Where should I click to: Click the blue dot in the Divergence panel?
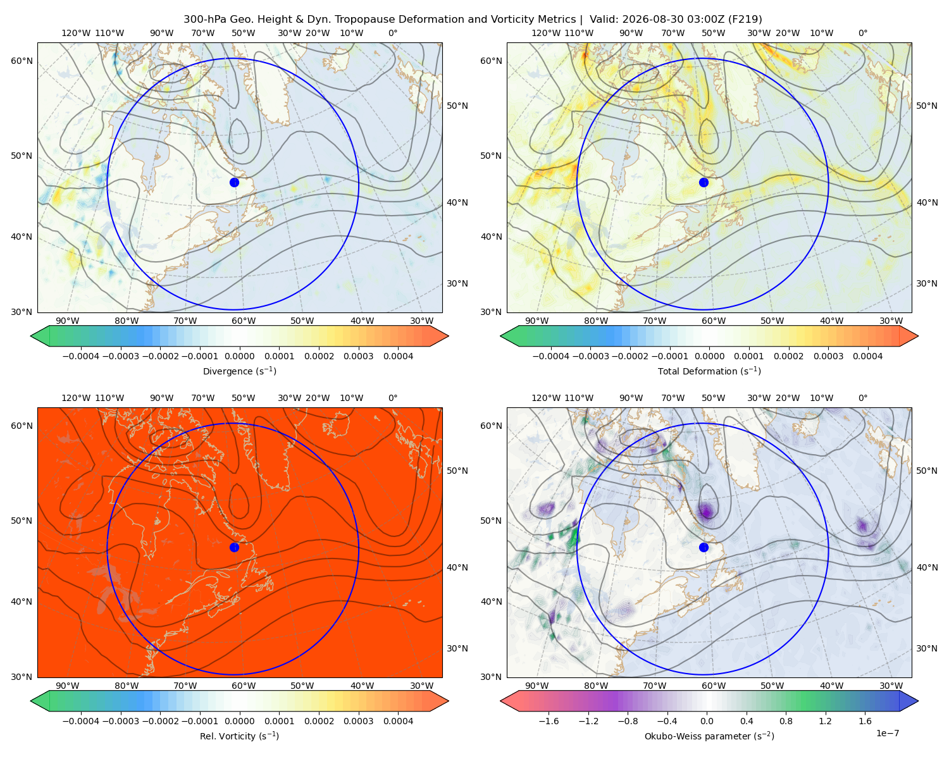click(x=234, y=182)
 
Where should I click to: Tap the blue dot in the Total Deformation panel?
click(x=704, y=182)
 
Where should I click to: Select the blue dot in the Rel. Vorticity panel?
click(x=234, y=547)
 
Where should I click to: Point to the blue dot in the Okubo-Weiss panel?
click(x=704, y=547)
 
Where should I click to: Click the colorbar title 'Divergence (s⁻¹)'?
click(x=239, y=371)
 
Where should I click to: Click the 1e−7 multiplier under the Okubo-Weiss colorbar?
click(x=887, y=733)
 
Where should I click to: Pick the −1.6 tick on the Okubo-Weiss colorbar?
click(x=549, y=721)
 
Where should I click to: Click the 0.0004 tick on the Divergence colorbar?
click(x=398, y=356)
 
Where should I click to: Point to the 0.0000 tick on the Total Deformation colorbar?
click(x=709, y=356)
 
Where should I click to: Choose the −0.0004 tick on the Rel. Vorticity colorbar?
click(x=81, y=721)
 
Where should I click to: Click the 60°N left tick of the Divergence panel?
click(x=22, y=61)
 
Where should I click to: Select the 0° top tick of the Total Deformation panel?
click(x=862, y=33)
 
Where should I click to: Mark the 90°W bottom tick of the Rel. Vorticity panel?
click(x=68, y=686)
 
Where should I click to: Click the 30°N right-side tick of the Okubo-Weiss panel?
click(x=926, y=648)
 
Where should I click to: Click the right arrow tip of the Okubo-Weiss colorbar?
click(x=918, y=701)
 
